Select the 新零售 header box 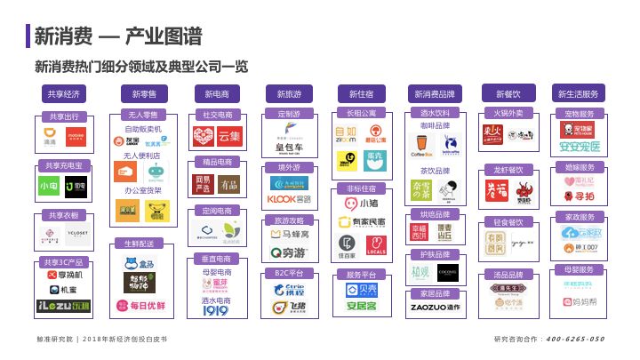coord(143,93)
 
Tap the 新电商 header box coord(217,93)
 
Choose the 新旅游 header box coord(289,93)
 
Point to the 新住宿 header coord(361,93)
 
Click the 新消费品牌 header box coord(436,93)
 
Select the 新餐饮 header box coord(508,93)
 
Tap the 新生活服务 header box coord(579,93)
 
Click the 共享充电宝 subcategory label coord(63,166)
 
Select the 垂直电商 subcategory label coord(217,259)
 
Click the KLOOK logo coord(289,200)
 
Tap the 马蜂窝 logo coord(289,235)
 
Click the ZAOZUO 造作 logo coord(436,308)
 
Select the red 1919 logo coord(216,310)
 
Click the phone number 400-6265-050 coord(574,339)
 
